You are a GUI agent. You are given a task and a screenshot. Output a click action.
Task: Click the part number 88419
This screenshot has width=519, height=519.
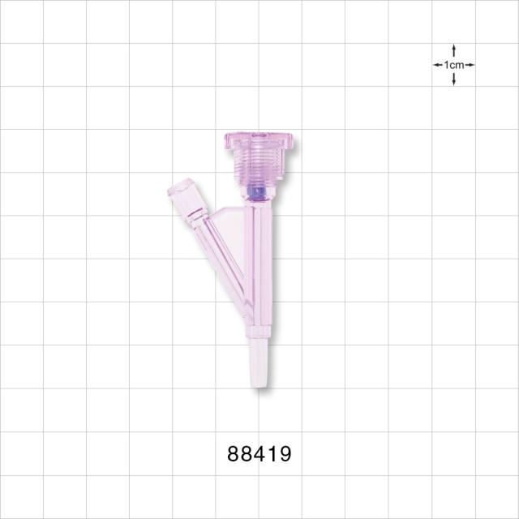click(x=259, y=453)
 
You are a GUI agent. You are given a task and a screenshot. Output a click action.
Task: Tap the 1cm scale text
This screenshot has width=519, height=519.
click(x=454, y=65)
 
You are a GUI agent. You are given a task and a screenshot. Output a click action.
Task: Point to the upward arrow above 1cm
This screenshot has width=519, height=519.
click(x=454, y=50)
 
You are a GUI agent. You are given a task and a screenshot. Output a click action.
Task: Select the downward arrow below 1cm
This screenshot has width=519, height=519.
click(x=454, y=79)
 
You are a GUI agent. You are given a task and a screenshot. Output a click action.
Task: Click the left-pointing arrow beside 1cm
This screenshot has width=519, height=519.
click(x=438, y=65)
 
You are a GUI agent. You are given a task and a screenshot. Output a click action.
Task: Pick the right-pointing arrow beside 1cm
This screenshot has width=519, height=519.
click(x=470, y=65)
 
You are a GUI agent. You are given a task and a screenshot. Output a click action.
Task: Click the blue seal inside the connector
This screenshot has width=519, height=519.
click(x=257, y=193)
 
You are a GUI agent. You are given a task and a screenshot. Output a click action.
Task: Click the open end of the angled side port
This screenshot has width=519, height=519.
click(x=180, y=187)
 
